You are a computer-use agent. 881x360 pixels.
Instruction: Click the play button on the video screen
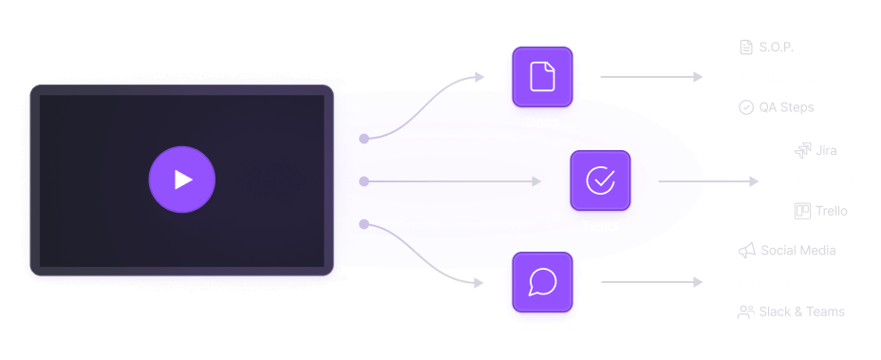182,179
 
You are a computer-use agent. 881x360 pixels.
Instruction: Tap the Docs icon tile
542,76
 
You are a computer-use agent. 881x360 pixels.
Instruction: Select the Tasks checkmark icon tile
600,180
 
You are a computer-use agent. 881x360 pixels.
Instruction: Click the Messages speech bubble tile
542,282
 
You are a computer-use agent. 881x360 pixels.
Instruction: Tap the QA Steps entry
786,107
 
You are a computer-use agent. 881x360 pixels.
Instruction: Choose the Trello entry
831,211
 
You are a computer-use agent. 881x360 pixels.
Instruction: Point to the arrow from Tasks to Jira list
708,180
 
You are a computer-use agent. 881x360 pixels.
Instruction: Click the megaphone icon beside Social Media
746,251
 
